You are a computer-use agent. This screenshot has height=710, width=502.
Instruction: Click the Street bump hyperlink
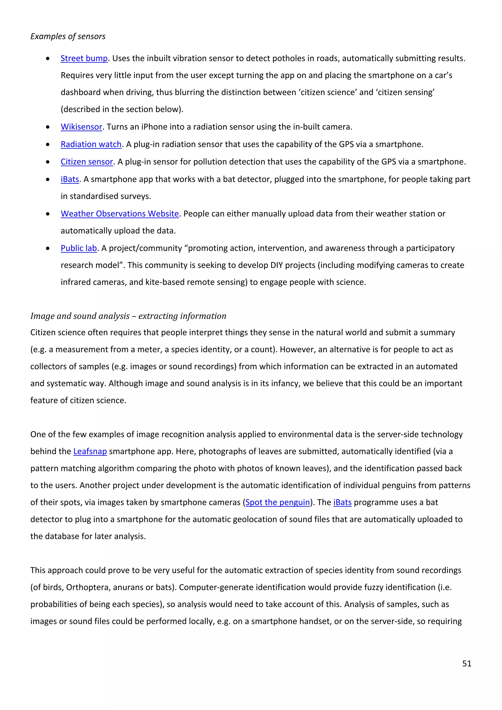84,58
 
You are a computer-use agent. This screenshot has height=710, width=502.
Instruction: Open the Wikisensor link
81,127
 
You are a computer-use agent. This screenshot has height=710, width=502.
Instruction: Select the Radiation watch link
91,144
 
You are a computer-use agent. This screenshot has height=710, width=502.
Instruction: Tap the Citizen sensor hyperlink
87,162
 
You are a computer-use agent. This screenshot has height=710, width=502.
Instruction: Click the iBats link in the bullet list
70,179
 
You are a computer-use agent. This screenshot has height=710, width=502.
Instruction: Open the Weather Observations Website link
120,214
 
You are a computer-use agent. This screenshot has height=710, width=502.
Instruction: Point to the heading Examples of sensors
68,37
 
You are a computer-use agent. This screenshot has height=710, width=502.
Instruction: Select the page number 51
466,663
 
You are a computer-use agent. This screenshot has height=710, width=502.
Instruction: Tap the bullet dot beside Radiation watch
48,144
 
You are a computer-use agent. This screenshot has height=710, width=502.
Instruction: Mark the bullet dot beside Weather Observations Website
48,214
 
